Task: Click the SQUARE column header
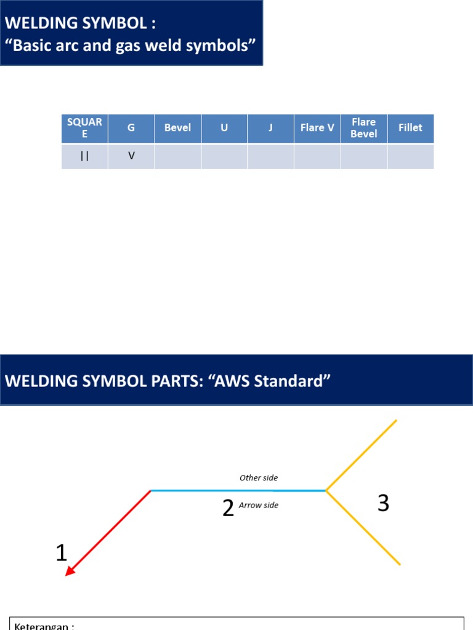point(85,128)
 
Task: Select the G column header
point(131,128)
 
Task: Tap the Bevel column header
point(177,128)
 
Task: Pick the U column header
point(224,128)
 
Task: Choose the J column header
point(270,128)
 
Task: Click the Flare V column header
point(317,128)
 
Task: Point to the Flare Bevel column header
point(364,128)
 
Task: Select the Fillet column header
point(410,128)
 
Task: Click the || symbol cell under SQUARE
point(85,156)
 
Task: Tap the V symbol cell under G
point(131,156)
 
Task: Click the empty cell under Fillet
point(410,156)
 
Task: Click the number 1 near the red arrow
point(61,553)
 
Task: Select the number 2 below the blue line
point(228,508)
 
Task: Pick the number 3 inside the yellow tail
point(383,504)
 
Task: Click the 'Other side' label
point(259,477)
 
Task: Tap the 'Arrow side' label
point(259,505)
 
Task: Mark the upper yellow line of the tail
point(362,455)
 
